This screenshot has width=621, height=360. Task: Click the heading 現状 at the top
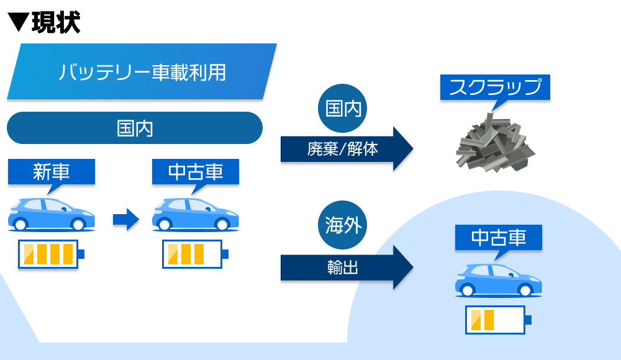tap(56, 22)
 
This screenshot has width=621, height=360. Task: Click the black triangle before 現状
tap(18, 22)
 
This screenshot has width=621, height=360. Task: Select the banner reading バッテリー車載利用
tap(142, 71)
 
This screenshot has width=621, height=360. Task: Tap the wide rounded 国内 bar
tap(135, 128)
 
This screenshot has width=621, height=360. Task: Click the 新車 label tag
tap(52, 172)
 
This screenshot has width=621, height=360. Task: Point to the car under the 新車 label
tap(52, 214)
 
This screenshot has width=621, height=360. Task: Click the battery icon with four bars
tap(51, 254)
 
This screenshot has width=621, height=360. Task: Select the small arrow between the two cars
tap(126, 219)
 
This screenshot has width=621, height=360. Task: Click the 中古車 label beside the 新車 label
tap(196, 172)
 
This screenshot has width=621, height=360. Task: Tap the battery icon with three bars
tap(195, 254)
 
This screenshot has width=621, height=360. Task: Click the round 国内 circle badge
tap(343, 108)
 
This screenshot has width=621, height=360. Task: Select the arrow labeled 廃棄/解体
tap(347, 149)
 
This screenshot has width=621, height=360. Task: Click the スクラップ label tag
tap(495, 87)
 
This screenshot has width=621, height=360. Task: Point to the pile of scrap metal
tap(495, 143)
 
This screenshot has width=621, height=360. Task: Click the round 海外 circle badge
tap(343, 225)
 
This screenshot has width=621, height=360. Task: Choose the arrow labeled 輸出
tap(347, 268)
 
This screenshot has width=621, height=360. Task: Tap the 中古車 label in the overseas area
tap(499, 238)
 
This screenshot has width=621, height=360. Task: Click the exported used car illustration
tap(499, 281)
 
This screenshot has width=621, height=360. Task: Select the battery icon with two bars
tap(498, 320)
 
